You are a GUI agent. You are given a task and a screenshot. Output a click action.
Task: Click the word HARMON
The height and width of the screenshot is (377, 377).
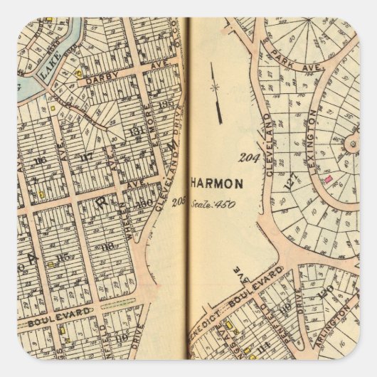click(x=217, y=183)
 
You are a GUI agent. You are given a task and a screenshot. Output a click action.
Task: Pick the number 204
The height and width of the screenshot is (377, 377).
click(x=248, y=157)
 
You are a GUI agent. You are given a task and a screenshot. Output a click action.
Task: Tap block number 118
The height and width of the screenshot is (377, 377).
click(x=108, y=246)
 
